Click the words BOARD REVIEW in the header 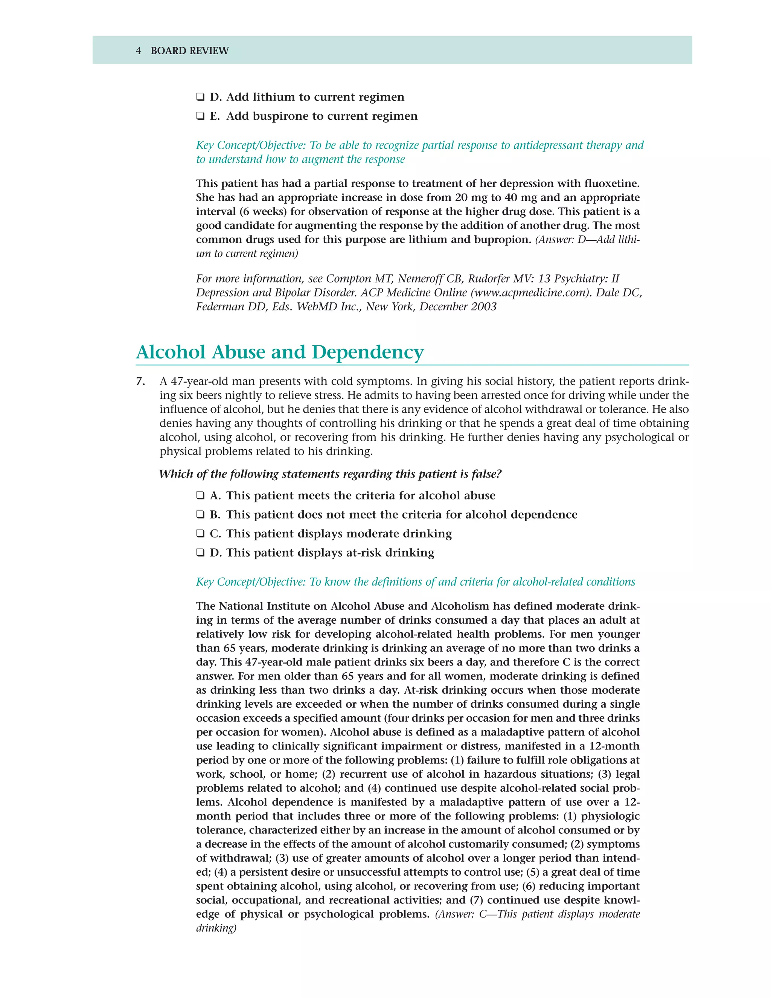(x=190, y=51)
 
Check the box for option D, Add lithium (x=200, y=97)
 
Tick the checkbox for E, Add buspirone (x=200, y=116)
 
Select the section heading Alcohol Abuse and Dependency (x=280, y=353)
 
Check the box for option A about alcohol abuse (x=200, y=496)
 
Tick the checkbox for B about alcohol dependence (x=200, y=515)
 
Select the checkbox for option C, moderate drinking (x=200, y=534)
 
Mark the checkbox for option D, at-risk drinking (x=200, y=553)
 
